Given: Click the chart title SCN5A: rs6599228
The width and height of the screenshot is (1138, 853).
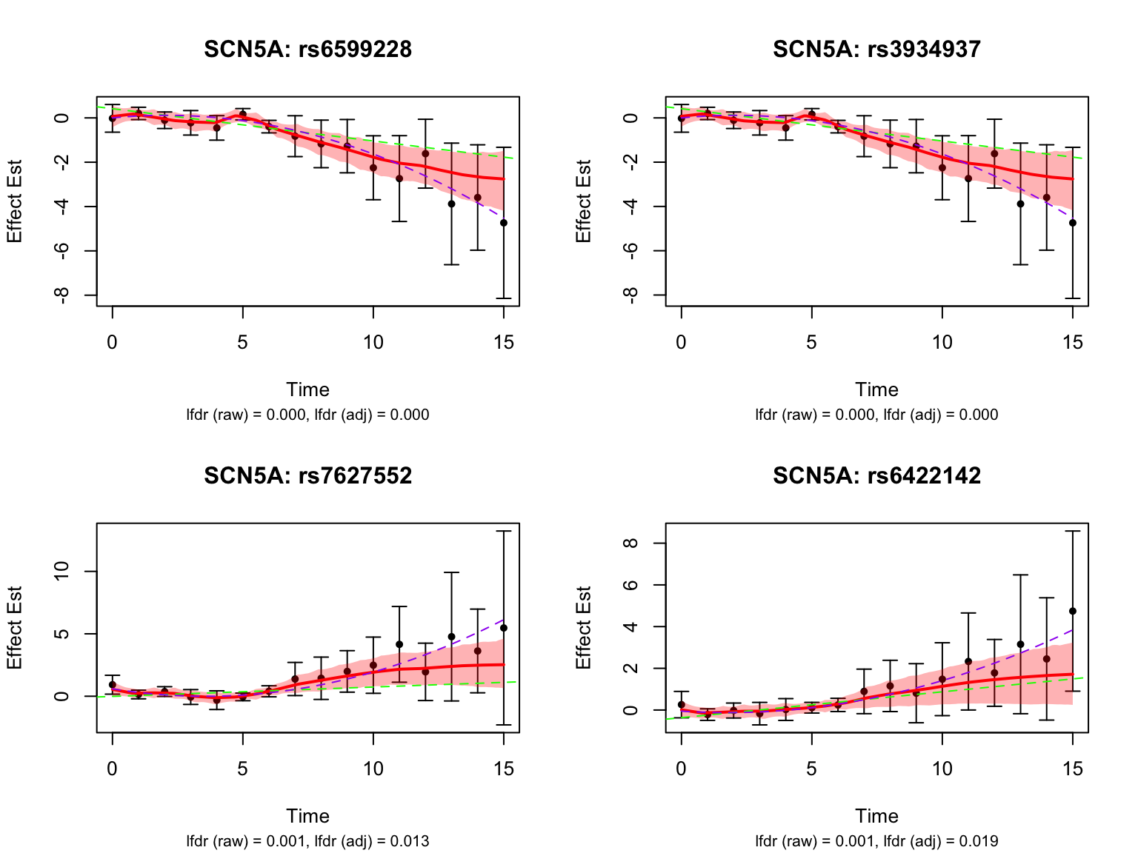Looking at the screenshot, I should click(307, 49).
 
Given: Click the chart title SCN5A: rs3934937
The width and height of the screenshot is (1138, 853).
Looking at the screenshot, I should click(876, 49).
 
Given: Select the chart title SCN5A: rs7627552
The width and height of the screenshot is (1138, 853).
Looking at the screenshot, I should click(307, 475).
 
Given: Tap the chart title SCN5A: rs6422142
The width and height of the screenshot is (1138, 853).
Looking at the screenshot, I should click(876, 475).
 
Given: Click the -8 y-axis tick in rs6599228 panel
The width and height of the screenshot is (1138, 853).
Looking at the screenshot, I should click(62, 295).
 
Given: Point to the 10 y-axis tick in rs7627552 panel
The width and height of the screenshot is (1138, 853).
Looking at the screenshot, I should click(62, 572).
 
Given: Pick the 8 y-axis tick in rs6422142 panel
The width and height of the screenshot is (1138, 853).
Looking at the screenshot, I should click(631, 543).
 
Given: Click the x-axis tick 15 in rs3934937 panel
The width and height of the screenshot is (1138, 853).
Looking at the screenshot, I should click(1072, 342).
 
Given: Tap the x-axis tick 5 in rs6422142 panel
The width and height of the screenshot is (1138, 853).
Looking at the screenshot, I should click(811, 769).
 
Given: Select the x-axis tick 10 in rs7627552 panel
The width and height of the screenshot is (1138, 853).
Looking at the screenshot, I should click(373, 769).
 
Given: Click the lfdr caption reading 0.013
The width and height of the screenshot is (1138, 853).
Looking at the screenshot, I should click(307, 841).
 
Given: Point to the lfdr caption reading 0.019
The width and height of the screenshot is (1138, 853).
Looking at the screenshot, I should click(876, 841).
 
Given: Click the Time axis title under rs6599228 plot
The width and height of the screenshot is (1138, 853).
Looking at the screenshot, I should click(307, 389).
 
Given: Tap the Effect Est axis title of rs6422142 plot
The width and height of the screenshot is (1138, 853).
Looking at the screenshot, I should click(584, 628).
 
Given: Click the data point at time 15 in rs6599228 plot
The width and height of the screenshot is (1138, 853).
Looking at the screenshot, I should click(504, 223).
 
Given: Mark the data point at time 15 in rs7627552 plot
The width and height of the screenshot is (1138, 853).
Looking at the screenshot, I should click(504, 628).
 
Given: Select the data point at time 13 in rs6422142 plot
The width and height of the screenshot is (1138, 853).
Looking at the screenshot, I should click(1020, 644).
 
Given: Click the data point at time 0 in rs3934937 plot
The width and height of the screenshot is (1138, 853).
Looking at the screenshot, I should click(682, 118).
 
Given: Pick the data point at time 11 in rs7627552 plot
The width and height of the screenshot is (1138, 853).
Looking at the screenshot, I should click(399, 644).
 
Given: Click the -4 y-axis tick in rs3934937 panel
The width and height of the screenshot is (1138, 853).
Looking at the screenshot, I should click(631, 207).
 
